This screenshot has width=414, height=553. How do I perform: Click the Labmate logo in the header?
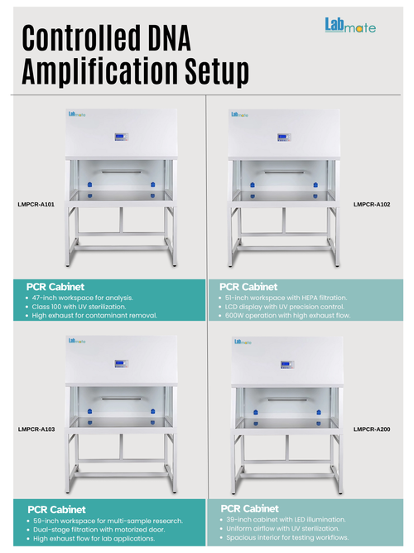click(x=350, y=26)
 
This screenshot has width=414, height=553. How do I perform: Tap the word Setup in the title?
click(x=217, y=71)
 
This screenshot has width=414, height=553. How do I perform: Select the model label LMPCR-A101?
click(x=36, y=204)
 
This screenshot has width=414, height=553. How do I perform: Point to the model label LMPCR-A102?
click(x=372, y=204)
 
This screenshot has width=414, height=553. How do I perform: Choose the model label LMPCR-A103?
click(x=36, y=429)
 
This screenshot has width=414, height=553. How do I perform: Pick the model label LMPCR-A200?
click(x=372, y=429)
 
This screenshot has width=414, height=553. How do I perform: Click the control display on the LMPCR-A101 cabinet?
click(x=121, y=137)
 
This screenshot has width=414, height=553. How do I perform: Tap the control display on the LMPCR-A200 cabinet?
click(x=287, y=365)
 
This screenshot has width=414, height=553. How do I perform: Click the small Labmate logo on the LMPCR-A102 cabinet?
click(x=239, y=114)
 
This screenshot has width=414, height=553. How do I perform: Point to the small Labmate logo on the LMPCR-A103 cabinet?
click(x=77, y=341)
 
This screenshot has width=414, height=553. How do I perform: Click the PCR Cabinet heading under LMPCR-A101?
click(x=55, y=287)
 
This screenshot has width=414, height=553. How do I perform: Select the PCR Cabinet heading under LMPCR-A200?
click(x=249, y=508)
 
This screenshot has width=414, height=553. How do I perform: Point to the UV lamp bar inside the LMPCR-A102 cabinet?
click(x=284, y=172)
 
